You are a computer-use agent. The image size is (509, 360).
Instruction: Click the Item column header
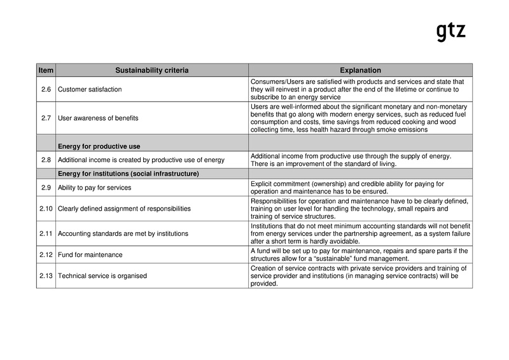pos(46,70)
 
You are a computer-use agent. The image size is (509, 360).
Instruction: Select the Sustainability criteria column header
pos(151,70)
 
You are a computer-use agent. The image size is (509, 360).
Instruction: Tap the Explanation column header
pos(360,70)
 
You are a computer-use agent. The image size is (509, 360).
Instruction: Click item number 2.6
pos(46,90)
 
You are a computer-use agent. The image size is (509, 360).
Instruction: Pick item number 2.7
pos(46,118)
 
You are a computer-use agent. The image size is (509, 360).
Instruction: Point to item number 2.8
pos(46,160)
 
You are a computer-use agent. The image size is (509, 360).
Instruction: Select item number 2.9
pos(46,187)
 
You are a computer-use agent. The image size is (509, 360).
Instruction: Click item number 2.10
pos(46,209)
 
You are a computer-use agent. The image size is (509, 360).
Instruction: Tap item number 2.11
pos(46,233)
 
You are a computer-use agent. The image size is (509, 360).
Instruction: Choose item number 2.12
pos(46,255)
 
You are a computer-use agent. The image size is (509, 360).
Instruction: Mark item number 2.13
pos(46,276)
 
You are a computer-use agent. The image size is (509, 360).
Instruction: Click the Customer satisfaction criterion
pos(90,90)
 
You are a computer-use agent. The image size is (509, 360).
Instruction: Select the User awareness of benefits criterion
pos(98,118)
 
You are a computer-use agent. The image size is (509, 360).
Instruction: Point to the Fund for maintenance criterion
pos(90,255)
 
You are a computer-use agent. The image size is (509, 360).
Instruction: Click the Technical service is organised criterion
pos(102,276)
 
